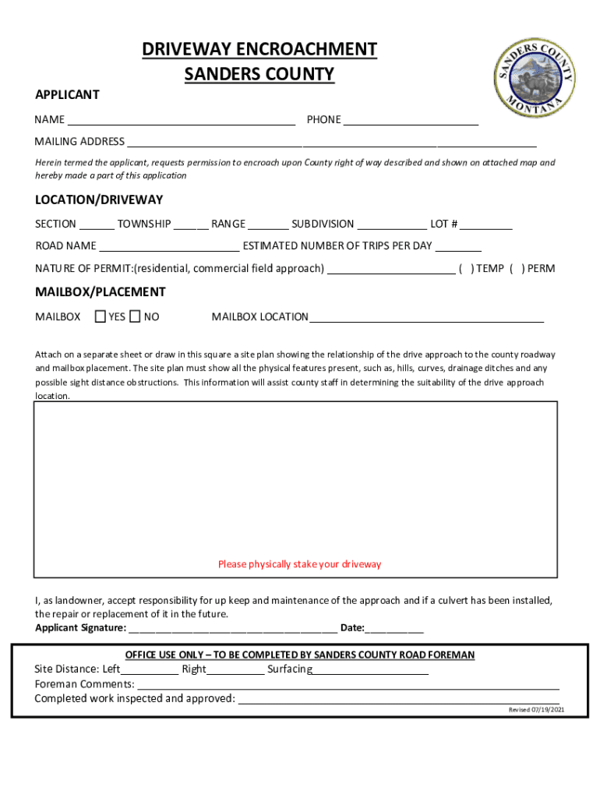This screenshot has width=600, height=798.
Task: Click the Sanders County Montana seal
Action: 535,74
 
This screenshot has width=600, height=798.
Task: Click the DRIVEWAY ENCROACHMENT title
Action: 259,50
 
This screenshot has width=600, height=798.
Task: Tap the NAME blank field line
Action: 181,122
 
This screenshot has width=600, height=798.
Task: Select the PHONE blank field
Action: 411,122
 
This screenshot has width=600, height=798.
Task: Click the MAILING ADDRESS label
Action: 79,142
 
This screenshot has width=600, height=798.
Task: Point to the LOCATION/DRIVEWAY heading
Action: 99,200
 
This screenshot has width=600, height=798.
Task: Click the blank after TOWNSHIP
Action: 191,226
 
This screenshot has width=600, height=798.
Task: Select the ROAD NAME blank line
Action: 169,248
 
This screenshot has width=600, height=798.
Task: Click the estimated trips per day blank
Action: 458,248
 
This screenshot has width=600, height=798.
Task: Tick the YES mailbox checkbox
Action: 101,316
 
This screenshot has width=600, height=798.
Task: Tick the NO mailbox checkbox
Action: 135,316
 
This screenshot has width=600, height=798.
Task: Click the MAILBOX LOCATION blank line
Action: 426,319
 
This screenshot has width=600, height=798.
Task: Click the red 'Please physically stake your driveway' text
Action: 300,564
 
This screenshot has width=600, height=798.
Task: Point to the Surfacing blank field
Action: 371,671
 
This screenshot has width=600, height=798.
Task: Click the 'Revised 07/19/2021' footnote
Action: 537,710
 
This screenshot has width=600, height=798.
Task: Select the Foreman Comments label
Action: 84,684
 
